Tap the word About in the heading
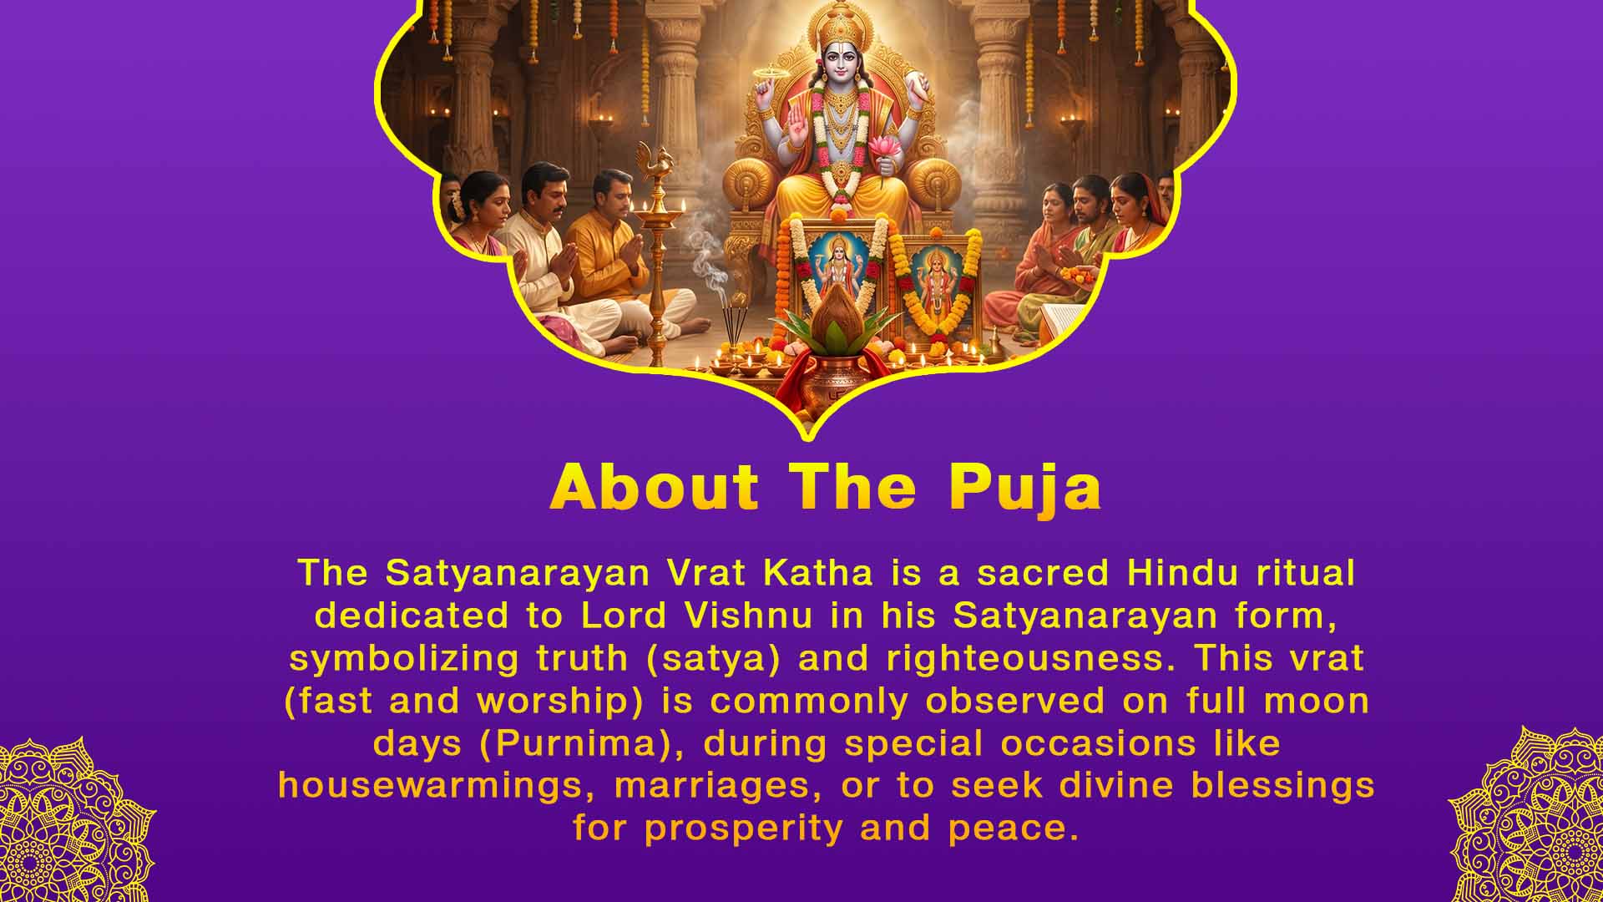click(x=655, y=486)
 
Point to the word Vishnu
click(x=748, y=616)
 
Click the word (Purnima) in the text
click(x=577, y=743)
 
